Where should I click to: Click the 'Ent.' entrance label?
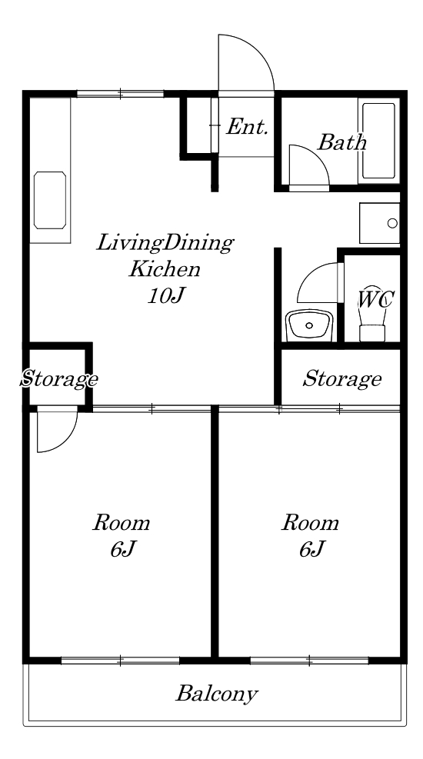click(x=247, y=128)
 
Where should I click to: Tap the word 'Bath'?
click(x=341, y=142)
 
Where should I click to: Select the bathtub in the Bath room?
click(x=379, y=141)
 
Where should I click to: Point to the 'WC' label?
click(x=375, y=300)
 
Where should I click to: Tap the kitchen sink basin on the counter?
click(x=50, y=200)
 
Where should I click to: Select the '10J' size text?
click(x=166, y=296)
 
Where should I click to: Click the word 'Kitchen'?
click(x=164, y=269)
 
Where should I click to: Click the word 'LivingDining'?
click(x=165, y=244)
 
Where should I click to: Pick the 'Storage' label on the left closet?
click(x=58, y=379)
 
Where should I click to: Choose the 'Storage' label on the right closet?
click(x=341, y=379)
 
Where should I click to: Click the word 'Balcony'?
click(x=216, y=694)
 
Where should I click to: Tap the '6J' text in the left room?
click(x=122, y=549)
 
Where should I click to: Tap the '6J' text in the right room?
click(x=311, y=549)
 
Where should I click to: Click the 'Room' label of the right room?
click(x=310, y=523)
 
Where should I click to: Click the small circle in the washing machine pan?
click(x=392, y=223)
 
